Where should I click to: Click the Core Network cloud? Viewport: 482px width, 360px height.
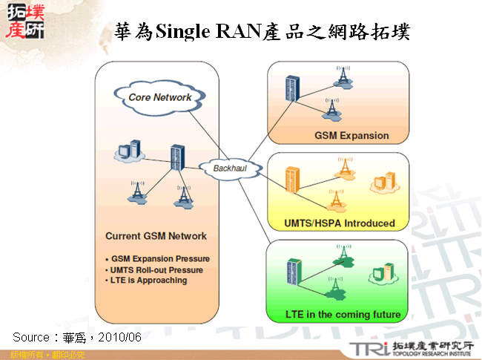coord(159,97)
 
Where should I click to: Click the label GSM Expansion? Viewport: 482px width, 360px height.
coord(351,136)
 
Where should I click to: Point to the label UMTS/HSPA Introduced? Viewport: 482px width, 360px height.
coord(340,223)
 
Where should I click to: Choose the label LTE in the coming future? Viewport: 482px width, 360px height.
coord(343,315)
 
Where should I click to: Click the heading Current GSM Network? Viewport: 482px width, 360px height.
coord(156,236)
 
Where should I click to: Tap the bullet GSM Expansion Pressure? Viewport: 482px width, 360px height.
coord(160,259)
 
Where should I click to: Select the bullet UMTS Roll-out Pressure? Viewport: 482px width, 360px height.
coord(158,270)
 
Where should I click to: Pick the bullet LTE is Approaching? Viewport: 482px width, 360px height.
coord(149,281)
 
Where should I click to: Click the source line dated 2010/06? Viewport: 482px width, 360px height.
coord(77,337)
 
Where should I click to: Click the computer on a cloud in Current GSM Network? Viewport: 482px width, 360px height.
coord(128,150)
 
